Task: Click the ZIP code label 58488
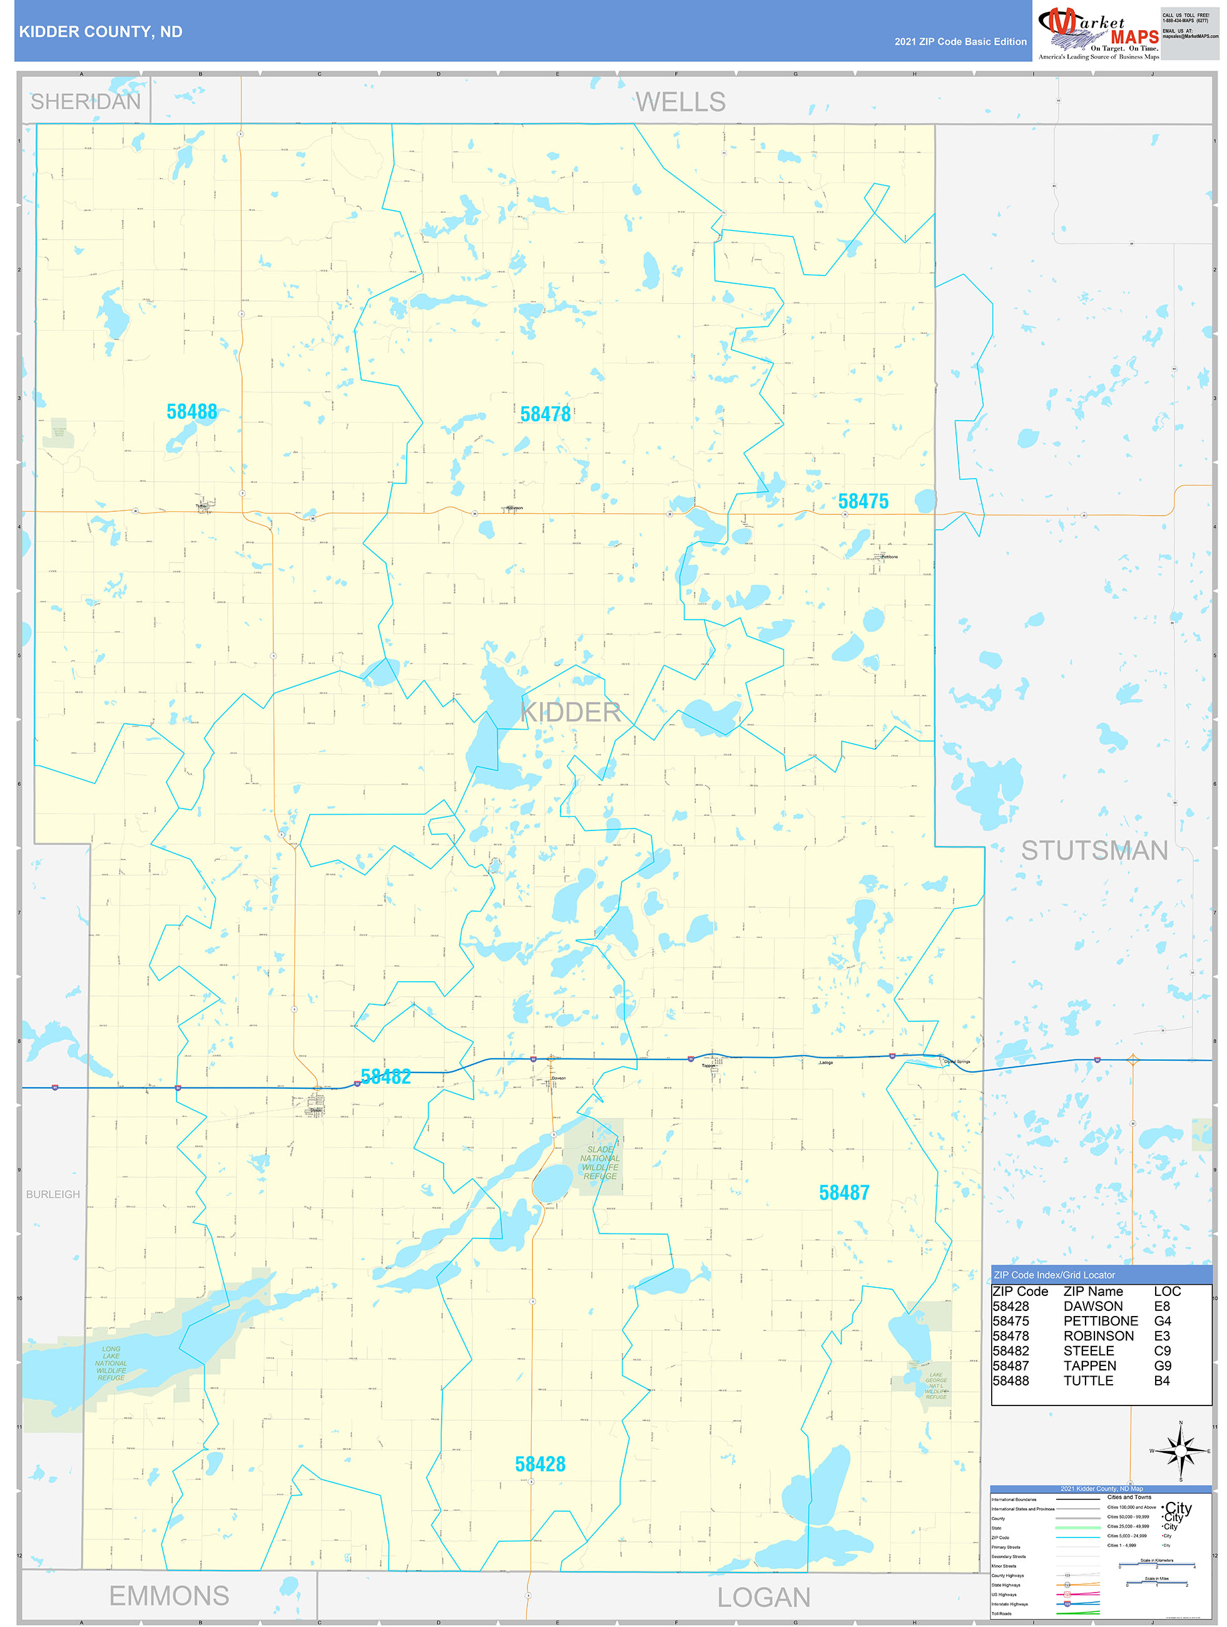191,412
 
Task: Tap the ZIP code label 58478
545,414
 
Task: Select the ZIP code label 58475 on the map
863,502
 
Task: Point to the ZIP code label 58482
385,1077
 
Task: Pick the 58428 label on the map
540,1464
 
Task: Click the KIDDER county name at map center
570,712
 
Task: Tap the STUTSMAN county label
1094,851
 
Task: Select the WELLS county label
680,102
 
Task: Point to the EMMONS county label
169,1596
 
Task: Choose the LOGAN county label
763,1598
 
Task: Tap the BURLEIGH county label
53,1195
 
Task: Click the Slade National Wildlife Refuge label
600,1163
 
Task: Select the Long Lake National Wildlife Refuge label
111,1363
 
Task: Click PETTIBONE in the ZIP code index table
1101,1321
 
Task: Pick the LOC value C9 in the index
1161,1351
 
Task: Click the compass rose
1181,1451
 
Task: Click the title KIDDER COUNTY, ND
101,33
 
